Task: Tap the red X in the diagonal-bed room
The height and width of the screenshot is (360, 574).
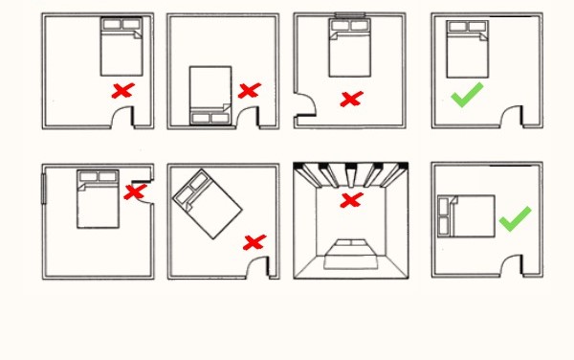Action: coord(254,242)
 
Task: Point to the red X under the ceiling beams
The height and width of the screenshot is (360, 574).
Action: coord(352,200)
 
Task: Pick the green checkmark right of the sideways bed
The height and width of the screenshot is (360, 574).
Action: coord(514,219)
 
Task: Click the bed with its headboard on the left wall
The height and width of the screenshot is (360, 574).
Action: coord(466,214)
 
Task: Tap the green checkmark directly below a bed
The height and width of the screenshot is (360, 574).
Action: coord(466,96)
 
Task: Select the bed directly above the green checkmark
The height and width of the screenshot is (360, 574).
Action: coord(467,49)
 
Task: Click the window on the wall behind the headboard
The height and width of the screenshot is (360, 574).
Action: coord(351,15)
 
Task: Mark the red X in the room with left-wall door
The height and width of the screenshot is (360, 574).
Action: coord(351,98)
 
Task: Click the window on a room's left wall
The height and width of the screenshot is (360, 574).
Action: coord(44,188)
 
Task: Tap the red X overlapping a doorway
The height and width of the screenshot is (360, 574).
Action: coord(135,191)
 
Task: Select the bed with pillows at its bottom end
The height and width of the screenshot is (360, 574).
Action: coord(210,96)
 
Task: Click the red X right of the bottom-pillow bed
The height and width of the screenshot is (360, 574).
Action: coord(249,91)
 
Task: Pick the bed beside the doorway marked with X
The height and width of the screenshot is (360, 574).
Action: coord(97,197)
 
